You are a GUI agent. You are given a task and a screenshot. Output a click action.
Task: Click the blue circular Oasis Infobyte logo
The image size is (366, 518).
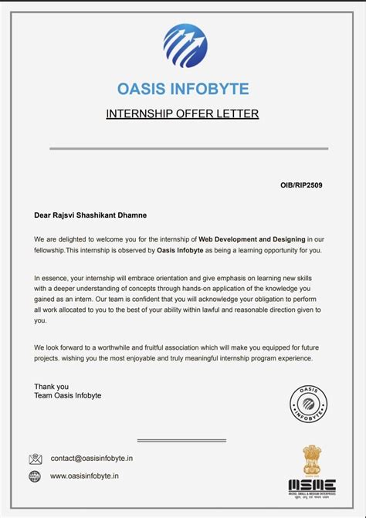point(186,46)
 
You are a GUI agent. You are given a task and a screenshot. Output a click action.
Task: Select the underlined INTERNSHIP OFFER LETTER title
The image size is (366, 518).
point(182,114)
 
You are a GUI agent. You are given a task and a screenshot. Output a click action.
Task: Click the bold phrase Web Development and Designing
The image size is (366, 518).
point(252,240)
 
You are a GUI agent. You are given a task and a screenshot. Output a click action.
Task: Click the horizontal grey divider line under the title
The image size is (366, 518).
point(189,148)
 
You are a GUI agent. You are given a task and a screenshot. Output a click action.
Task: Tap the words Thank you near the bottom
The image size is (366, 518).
point(51,386)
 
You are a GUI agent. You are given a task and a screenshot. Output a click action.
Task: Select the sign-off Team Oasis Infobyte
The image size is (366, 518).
point(67,396)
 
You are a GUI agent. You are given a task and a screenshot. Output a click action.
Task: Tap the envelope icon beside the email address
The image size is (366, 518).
point(36,459)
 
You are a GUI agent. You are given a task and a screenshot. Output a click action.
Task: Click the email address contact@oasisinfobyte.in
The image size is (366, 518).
point(92,459)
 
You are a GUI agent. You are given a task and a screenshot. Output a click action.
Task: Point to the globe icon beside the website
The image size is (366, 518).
point(35,476)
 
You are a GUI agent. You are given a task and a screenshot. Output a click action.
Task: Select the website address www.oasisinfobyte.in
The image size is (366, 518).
point(84,476)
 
